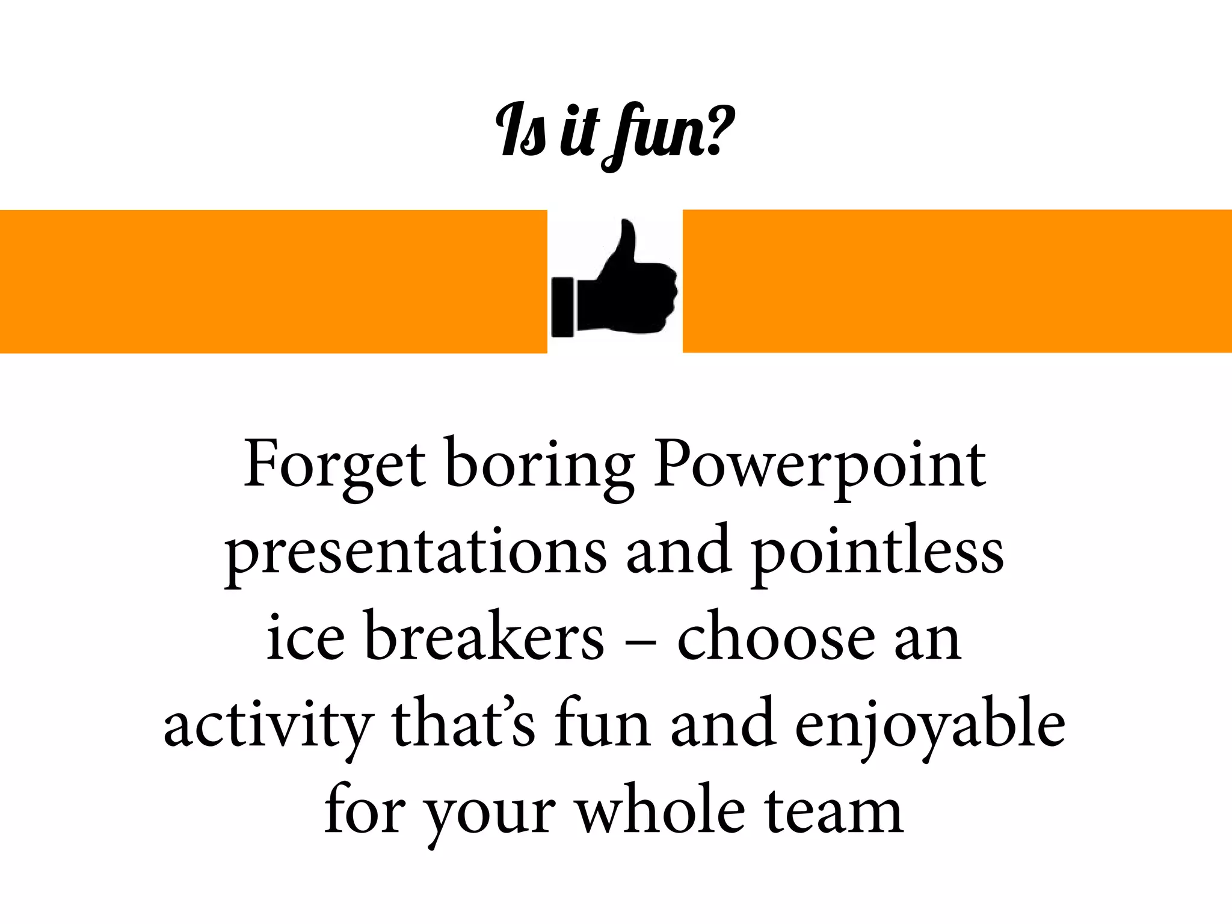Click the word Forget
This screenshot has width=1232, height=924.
(x=334, y=464)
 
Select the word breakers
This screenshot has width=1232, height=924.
(x=484, y=636)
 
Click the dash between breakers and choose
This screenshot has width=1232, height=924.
(x=640, y=643)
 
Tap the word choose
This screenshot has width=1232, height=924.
(x=776, y=638)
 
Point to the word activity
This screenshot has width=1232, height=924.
(x=268, y=725)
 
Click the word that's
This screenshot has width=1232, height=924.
(x=463, y=722)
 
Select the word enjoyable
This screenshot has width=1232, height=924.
(x=930, y=725)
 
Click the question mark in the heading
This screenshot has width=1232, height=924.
(x=719, y=129)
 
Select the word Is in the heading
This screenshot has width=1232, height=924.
(x=521, y=130)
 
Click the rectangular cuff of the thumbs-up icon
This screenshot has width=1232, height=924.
(x=563, y=306)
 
